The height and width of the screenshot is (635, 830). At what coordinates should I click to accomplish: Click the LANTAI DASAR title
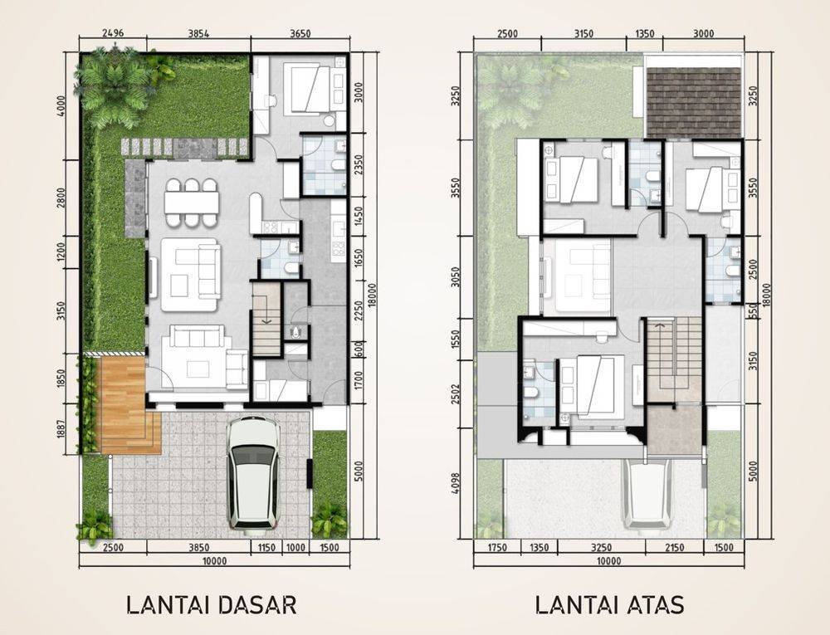pos(211,605)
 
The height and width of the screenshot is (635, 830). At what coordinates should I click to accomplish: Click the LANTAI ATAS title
pos(609,605)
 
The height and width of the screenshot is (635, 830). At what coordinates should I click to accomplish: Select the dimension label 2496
pos(113,33)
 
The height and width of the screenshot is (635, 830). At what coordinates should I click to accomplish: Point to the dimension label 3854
pos(198,33)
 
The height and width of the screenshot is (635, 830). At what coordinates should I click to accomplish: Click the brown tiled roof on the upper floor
pos(693,102)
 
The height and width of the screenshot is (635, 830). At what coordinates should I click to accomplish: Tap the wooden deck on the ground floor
pos(124,405)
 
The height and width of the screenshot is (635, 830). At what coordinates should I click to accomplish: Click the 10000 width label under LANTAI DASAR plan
pos(214,561)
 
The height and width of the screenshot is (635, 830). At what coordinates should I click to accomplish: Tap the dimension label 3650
pos(300,33)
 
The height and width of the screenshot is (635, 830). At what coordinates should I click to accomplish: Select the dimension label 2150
pos(674,548)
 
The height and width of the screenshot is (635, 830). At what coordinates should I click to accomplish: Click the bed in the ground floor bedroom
pos(308,88)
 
